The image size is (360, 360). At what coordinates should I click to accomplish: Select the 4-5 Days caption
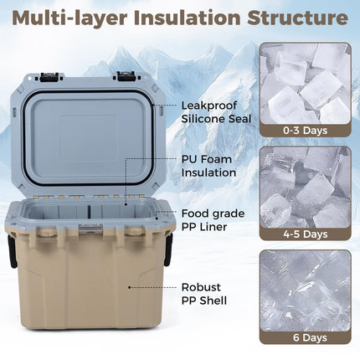click(x=305, y=234)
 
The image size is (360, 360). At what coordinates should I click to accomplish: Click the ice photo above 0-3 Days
click(x=305, y=84)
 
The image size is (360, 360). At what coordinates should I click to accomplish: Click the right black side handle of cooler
click(x=168, y=249)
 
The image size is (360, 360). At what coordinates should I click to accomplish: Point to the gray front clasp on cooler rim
click(x=91, y=229)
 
